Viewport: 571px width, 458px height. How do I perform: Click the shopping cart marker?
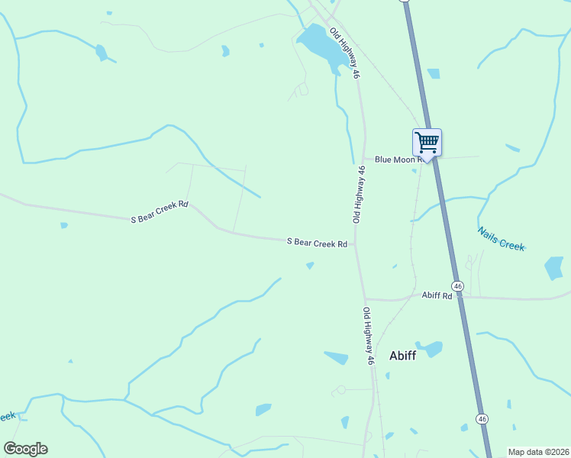[x=427, y=142]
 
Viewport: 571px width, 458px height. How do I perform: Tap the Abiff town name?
[x=402, y=355]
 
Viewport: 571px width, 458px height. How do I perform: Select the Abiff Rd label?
[x=437, y=295]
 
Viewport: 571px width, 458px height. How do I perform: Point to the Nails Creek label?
[x=502, y=239]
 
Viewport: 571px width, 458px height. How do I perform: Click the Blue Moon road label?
[x=398, y=160]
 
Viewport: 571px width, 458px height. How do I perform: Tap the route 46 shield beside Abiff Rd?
[x=457, y=285]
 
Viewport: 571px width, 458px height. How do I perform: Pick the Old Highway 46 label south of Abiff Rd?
[x=369, y=336]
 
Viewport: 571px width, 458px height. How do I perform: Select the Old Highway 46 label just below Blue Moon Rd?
[x=359, y=194]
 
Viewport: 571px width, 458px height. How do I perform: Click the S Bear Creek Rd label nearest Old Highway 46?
[x=318, y=243]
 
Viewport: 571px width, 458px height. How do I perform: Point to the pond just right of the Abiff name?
[x=431, y=349]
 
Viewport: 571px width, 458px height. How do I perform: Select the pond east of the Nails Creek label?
[x=554, y=268]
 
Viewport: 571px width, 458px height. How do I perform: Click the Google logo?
[x=25, y=449]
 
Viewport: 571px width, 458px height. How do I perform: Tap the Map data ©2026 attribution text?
[x=539, y=452]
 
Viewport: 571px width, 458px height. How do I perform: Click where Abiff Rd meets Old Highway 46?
[x=365, y=298]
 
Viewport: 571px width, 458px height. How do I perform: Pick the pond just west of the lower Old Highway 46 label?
[x=336, y=357]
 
